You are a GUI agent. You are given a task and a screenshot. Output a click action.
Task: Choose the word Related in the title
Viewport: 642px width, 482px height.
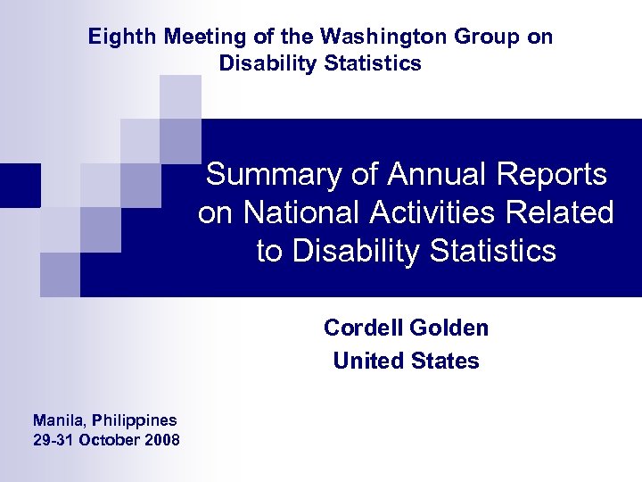point(562,212)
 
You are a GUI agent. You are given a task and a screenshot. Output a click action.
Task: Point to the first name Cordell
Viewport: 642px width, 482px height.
point(362,328)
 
